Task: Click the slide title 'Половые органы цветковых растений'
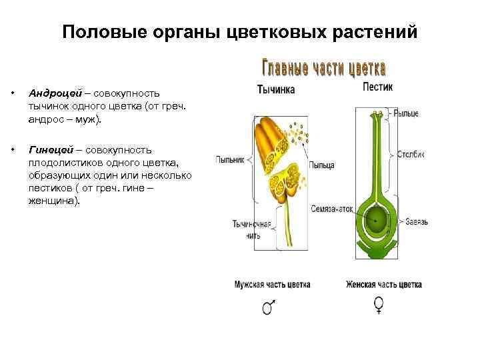(x=240, y=32)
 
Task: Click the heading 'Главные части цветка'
(x=323, y=69)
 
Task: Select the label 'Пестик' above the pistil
(x=377, y=87)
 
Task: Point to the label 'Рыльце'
(x=406, y=114)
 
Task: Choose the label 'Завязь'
(x=413, y=221)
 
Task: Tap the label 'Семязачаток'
(x=331, y=209)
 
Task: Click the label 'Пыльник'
(x=231, y=159)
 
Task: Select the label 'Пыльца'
(x=322, y=164)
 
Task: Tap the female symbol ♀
(x=379, y=305)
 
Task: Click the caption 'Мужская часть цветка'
(x=272, y=285)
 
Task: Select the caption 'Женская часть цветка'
(x=383, y=285)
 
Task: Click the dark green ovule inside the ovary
(x=378, y=219)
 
